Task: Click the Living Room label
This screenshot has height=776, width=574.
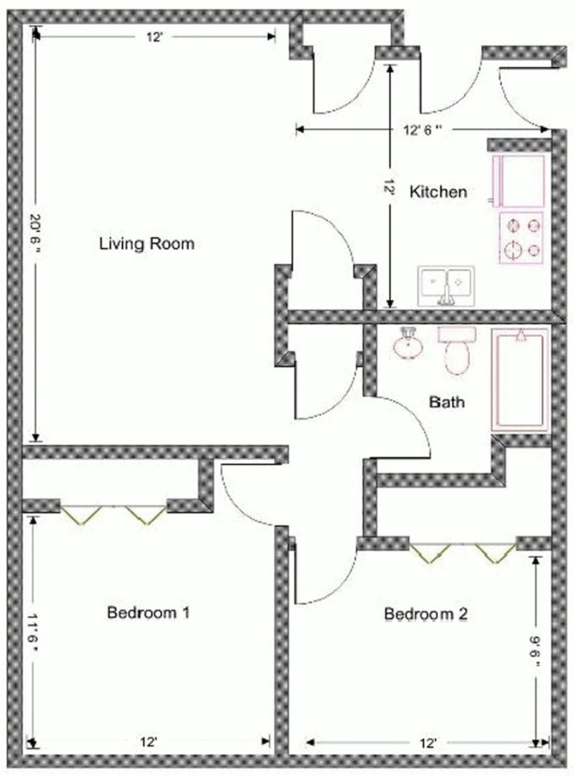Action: (x=147, y=244)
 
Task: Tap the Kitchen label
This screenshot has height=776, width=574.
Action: (x=438, y=192)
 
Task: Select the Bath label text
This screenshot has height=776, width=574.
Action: (x=446, y=402)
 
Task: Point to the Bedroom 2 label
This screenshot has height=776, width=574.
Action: (x=426, y=614)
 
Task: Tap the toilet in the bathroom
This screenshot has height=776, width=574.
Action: (x=456, y=350)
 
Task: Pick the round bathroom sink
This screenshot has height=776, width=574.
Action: (x=408, y=343)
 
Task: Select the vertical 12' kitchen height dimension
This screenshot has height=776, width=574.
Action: (x=390, y=188)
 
